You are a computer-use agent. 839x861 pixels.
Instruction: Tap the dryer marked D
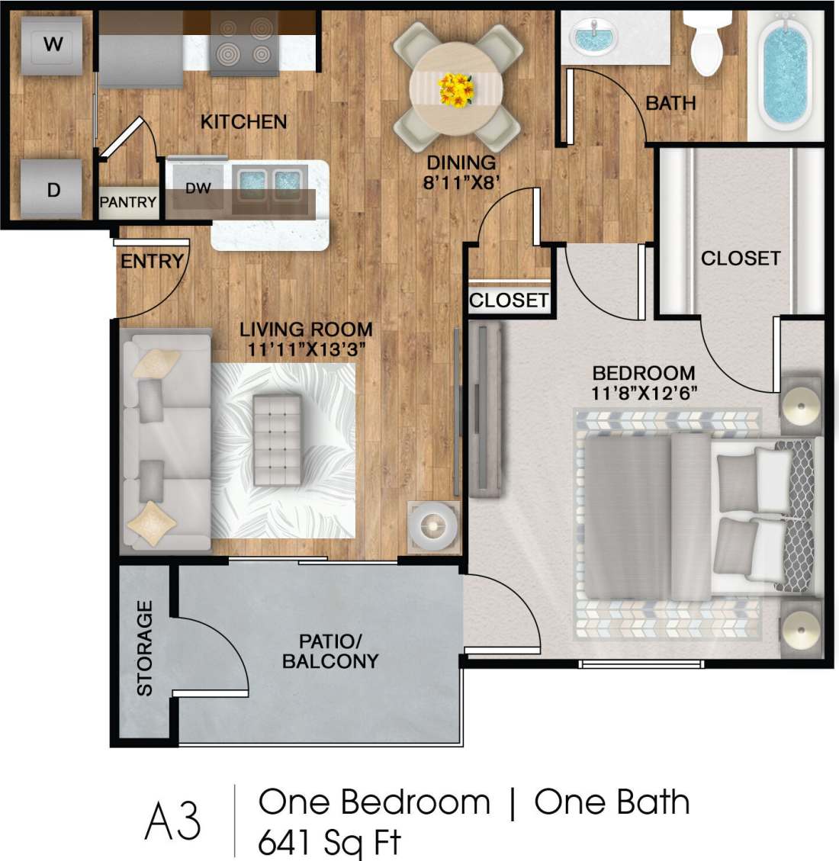[x=53, y=188]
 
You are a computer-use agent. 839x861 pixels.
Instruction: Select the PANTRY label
[x=128, y=202]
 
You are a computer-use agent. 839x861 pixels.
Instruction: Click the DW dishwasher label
[x=198, y=188]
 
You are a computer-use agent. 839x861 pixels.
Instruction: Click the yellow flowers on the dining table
[x=457, y=88]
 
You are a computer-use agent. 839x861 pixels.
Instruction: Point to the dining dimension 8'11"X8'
[x=461, y=182]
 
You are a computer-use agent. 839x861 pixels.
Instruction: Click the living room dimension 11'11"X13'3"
[x=306, y=349]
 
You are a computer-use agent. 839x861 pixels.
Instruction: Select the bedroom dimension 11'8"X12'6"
[x=644, y=393]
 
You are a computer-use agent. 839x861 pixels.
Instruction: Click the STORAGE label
[x=144, y=648]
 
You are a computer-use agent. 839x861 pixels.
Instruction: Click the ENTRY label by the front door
[x=152, y=262]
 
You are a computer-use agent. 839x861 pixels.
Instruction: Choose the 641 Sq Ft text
[x=329, y=843]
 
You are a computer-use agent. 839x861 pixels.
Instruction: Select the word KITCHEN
[x=243, y=121]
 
